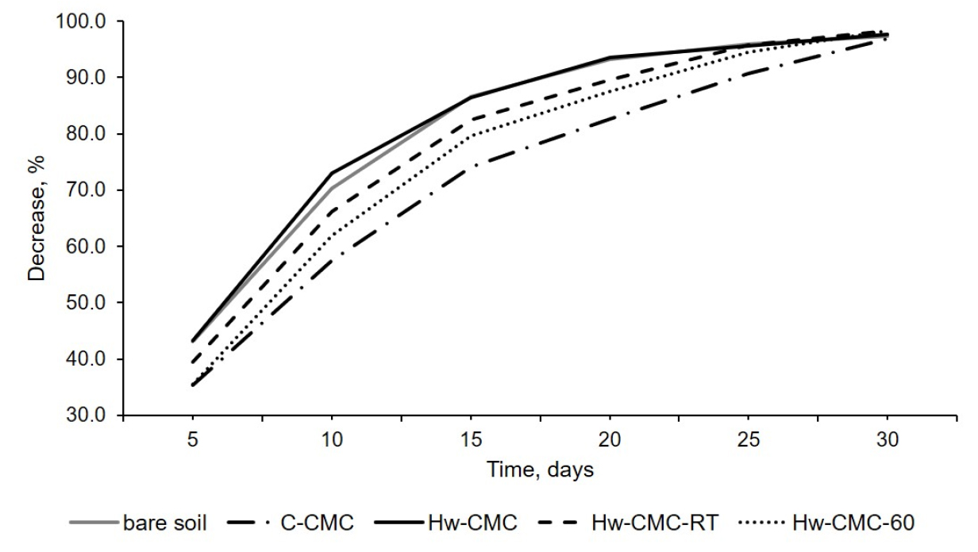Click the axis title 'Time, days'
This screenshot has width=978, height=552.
point(540,470)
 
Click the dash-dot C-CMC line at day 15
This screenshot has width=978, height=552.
point(471,167)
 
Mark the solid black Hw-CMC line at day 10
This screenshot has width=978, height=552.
point(332,172)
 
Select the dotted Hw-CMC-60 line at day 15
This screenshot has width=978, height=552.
point(471,135)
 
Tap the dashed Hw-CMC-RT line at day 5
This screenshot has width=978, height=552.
point(193,362)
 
